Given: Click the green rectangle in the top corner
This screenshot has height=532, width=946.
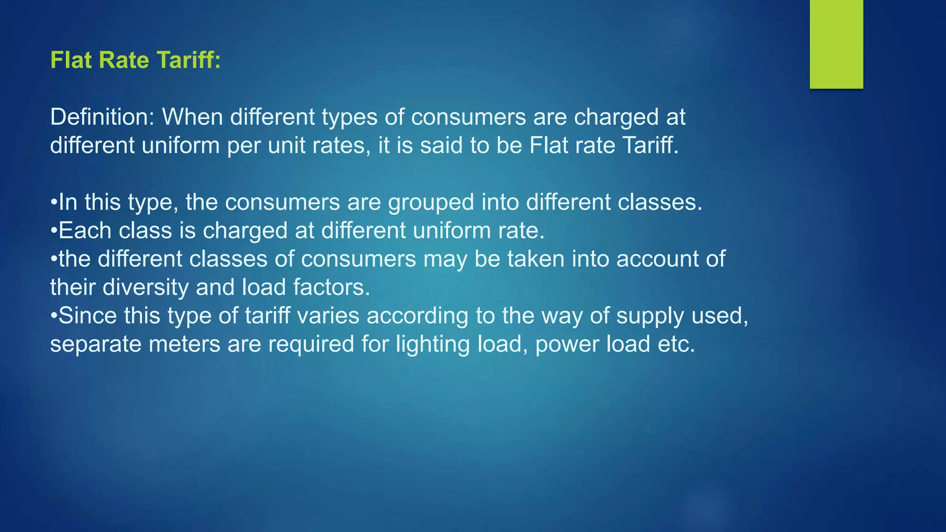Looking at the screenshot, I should (x=836, y=44).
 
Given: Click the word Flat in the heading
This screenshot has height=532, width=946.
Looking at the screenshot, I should (x=70, y=60).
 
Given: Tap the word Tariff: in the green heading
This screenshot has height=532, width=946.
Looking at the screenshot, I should (x=188, y=60).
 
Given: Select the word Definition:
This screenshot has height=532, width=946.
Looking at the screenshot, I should (x=102, y=117).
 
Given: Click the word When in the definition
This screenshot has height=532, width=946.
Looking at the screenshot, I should (x=193, y=117).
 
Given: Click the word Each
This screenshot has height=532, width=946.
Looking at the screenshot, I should (x=85, y=230).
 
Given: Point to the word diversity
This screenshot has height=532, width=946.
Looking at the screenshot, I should (x=146, y=288).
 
